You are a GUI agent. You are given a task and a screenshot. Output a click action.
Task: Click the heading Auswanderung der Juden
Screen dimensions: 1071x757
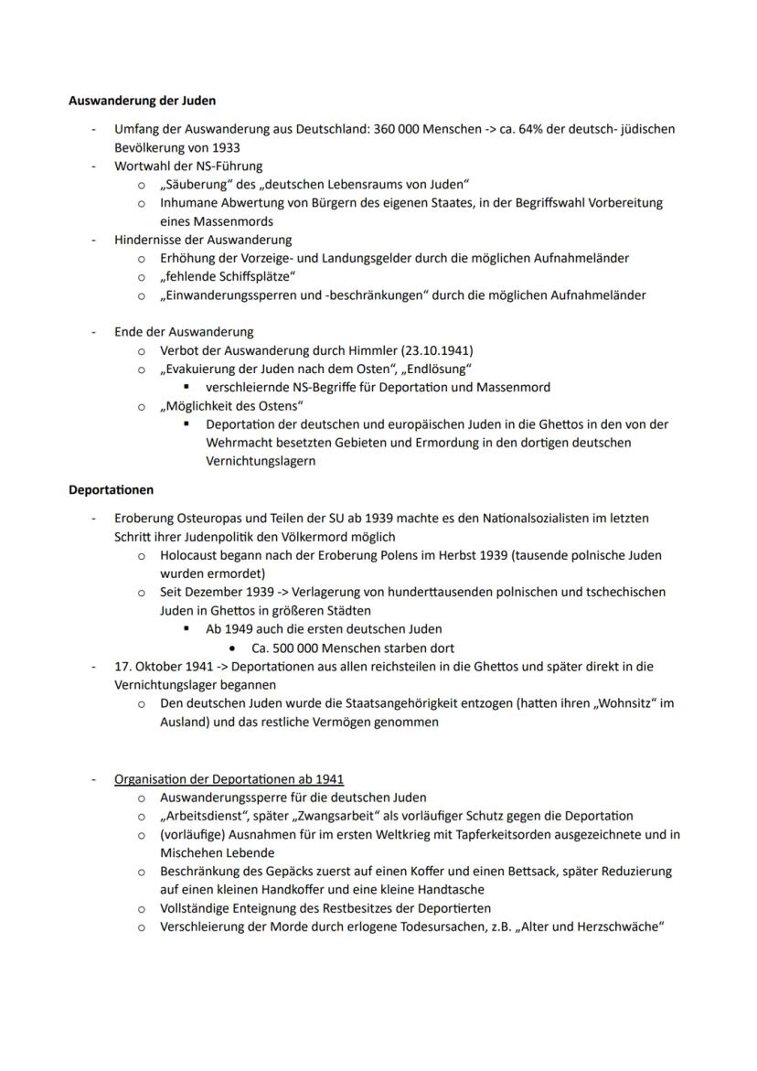click(142, 100)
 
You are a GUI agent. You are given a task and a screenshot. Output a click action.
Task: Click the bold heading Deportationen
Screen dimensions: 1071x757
click(111, 489)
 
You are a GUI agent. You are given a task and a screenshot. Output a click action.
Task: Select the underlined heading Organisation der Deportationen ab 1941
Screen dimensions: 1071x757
click(229, 779)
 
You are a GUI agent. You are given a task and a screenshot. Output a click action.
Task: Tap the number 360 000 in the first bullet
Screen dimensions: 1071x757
click(397, 129)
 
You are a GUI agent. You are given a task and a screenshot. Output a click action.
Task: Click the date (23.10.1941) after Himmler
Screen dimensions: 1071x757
click(432, 350)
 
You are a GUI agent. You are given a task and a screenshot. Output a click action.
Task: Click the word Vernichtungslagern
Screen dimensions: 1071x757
click(261, 461)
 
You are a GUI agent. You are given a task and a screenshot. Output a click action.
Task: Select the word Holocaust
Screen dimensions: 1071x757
click(191, 555)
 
